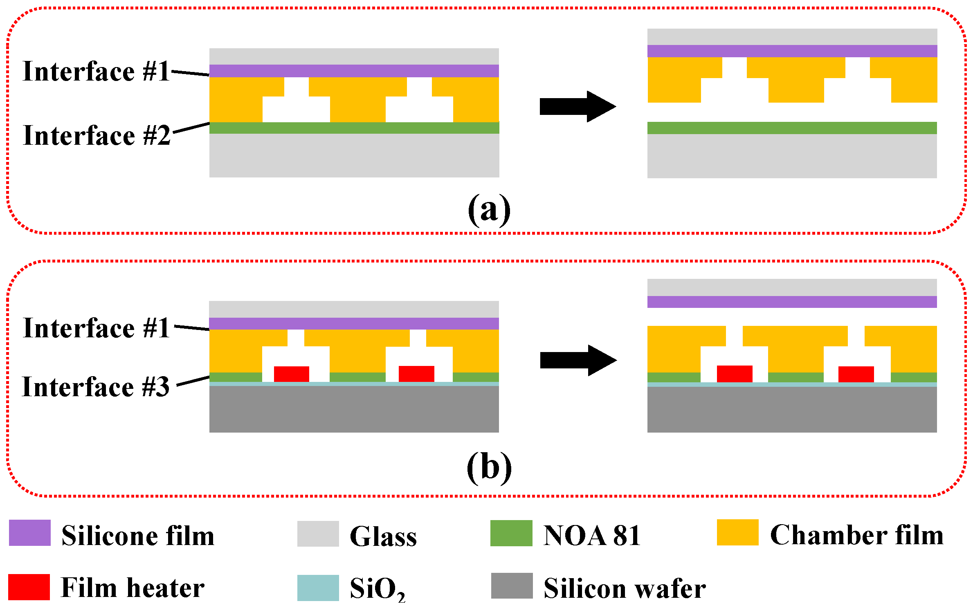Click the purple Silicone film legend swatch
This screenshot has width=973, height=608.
coord(30,533)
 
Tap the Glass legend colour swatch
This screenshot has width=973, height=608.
coord(318,534)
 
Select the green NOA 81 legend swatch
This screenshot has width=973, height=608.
coord(511,533)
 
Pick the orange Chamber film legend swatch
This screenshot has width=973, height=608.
coord(737,532)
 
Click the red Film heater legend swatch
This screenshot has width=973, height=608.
coord(29,587)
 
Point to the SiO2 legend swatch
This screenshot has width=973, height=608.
coord(318,588)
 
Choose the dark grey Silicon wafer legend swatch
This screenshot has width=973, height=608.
coord(512,586)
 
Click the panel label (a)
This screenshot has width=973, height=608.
coord(489,209)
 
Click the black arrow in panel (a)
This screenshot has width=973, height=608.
coord(577,106)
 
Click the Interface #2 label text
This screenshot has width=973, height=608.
coord(97,135)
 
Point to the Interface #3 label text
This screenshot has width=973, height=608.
coord(96,387)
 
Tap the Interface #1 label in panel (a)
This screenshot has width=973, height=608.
coord(97,71)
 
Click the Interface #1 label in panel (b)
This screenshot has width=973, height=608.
coord(97,328)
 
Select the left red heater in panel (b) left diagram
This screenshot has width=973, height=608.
coord(291,374)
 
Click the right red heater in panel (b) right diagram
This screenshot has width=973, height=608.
coord(856,374)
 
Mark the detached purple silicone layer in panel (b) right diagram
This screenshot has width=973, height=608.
coord(792,302)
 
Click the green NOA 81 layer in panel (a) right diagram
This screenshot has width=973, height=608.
coord(792,128)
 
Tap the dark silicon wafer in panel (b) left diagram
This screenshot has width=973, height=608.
coord(354,409)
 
